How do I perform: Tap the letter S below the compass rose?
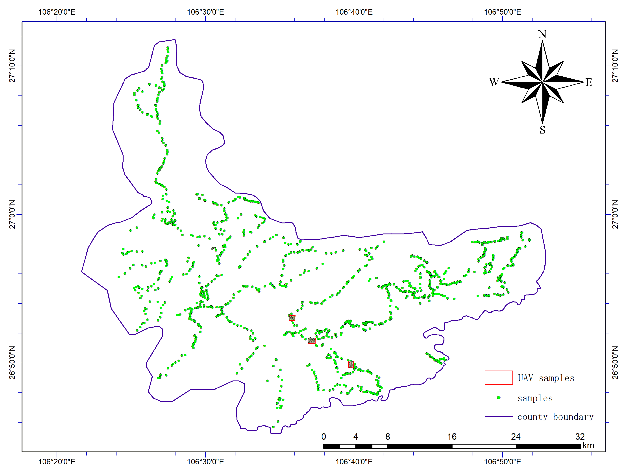coord(542,130)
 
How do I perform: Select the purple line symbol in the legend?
coord(499,416)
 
